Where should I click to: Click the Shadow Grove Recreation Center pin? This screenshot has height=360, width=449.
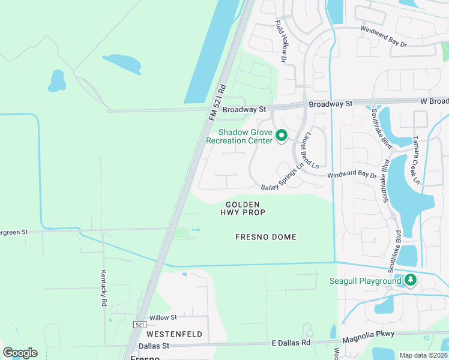[x=280, y=137]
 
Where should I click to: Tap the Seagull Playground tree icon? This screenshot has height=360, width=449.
[x=411, y=280]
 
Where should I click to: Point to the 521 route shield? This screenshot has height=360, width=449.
[x=139, y=324]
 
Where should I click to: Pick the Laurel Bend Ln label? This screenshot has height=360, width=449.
[x=315, y=149]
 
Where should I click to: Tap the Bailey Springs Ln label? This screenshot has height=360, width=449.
[x=287, y=176]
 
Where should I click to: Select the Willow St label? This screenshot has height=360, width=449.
[x=163, y=317]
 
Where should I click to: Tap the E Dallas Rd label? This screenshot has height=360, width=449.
[x=291, y=343]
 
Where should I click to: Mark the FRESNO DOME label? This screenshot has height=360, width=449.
[x=265, y=237]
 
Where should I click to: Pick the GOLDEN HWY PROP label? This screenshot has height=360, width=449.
[x=243, y=208]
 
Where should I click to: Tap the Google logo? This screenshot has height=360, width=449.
[x=20, y=353]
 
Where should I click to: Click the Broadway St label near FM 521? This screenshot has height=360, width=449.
[x=244, y=110]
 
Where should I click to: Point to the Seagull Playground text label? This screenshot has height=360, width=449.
[x=366, y=281]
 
